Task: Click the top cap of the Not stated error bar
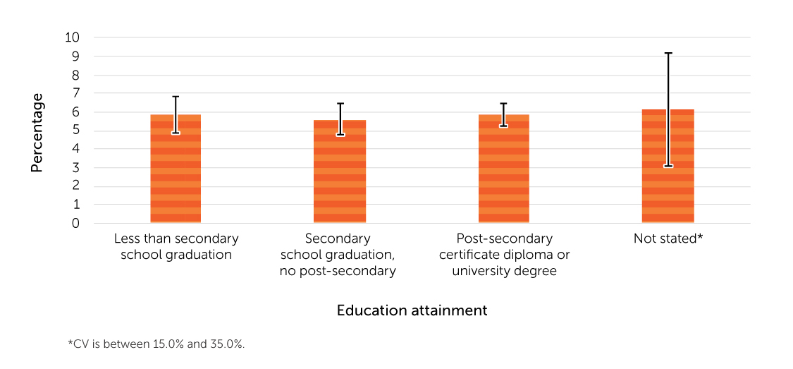pyautogui.click(x=668, y=53)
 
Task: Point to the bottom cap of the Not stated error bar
pyautogui.click(x=668, y=166)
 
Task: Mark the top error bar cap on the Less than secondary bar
pyautogui.click(x=176, y=97)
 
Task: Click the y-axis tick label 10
pyautogui.click(x=73, y=37)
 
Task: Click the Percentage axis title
pyautogui.click(x=37, y=133)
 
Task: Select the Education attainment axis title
pyautogui.click(x=412, y=310)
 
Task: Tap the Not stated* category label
pyautogui.click(x=668, y=238)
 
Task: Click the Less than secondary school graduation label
pyautogui.click(x=176, y=246)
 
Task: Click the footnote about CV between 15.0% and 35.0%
pyautogui.click(x=156, y=344)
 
